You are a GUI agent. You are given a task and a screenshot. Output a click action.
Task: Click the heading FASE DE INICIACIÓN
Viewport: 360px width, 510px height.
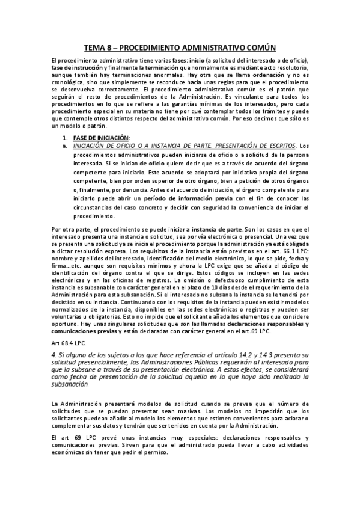105,138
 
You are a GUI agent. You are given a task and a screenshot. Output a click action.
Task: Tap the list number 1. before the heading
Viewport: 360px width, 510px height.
73,138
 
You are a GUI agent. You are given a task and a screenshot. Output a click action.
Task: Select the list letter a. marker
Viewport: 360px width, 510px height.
73,146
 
